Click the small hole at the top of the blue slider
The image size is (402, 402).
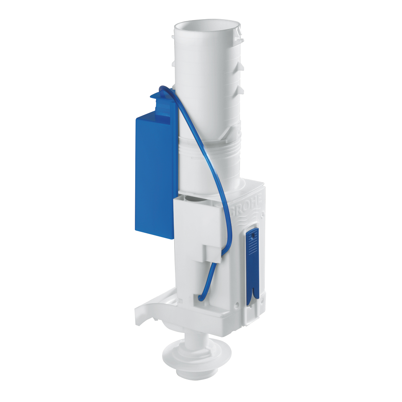coord(252,237)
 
